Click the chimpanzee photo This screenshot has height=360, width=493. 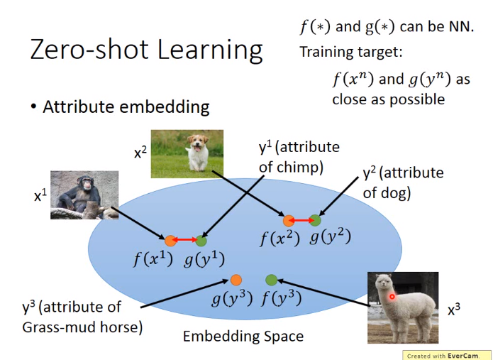pos(84,195)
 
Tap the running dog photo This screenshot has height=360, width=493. pos(187,154)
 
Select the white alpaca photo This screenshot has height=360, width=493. pos(403,307)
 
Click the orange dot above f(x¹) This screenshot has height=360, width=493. pos(170,241)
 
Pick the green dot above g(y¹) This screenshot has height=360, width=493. pos(201,241)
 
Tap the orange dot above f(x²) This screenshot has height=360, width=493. pos(288,221)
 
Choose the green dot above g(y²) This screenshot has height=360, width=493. pos(315,220)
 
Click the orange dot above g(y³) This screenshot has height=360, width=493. pos(236,280)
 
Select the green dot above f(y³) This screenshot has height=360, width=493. pos(272,280)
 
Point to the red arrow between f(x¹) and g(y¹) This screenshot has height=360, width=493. pos(186,241)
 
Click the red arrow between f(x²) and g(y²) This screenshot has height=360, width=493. pos(301,221)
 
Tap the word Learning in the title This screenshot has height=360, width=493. pos(210,50)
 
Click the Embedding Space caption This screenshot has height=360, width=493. pos(243,337)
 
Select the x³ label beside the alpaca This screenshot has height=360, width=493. pos(454,310)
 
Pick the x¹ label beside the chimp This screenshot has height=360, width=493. pos(40,196)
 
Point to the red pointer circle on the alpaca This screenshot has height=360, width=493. pos(392,296)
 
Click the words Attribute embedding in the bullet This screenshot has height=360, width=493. pos(126,107)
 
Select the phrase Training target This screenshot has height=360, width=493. pos(350,52)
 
